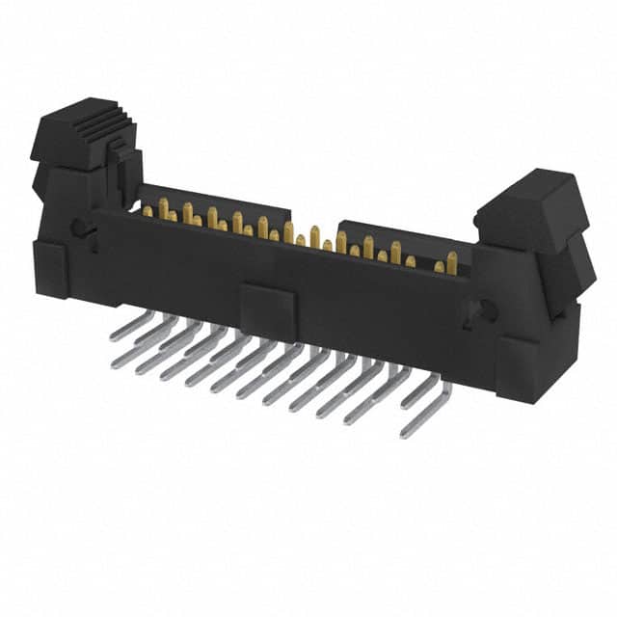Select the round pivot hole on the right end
tap(487, 310)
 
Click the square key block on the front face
tap(267, 310)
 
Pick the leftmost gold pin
tap(148, 209)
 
